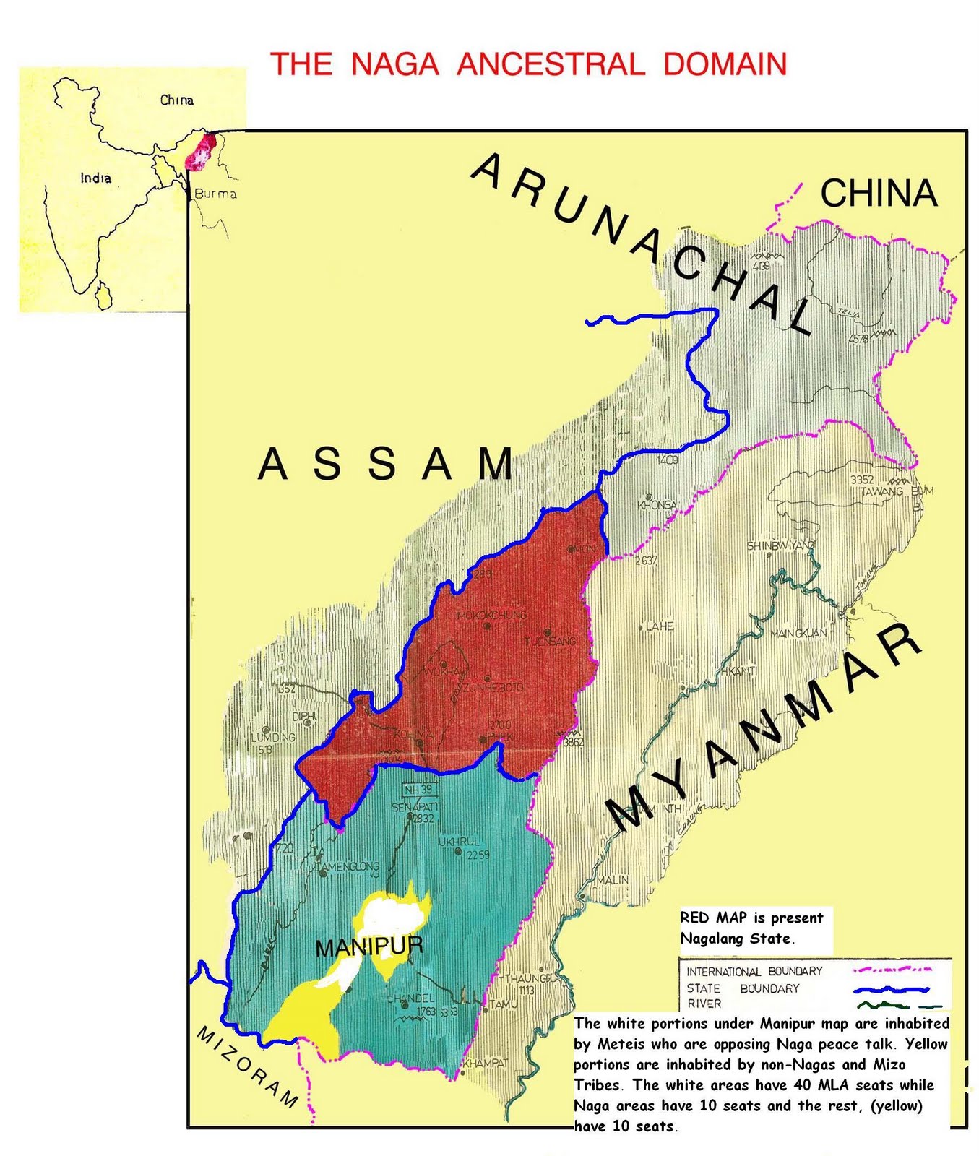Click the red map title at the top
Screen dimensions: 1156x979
pyautogui.click(x=528, y=64)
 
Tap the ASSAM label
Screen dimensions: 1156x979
pyautogui.click(x=386, y=464)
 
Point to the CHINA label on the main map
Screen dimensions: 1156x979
pyautogui.click(x=879, y=194)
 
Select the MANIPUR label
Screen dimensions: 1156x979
pyautogui.click(x=369, y=947)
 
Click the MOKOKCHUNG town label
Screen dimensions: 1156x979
pyautogui.click(x=491, y=616)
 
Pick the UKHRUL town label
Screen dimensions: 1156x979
pyautogui.click(x=459, y=842)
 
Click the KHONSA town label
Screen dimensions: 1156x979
pyautogui.click(x=657, y=505)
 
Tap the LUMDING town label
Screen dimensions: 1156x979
pyautogui.click(x=273, y=738)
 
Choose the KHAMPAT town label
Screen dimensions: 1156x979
pyautogui.click(x=486, y=1064)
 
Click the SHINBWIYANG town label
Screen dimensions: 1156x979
pyautogui.click(x=781, y=545)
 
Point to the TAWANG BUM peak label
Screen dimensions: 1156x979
pyautogui.click(x=897, y=491)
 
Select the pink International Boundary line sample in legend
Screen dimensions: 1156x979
pyautogui.click(x=892, y=970)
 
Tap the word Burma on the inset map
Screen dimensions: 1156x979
pyautogui.click(x=215, y=194)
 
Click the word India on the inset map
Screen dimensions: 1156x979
pyautogui.click(x=95, y=178)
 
